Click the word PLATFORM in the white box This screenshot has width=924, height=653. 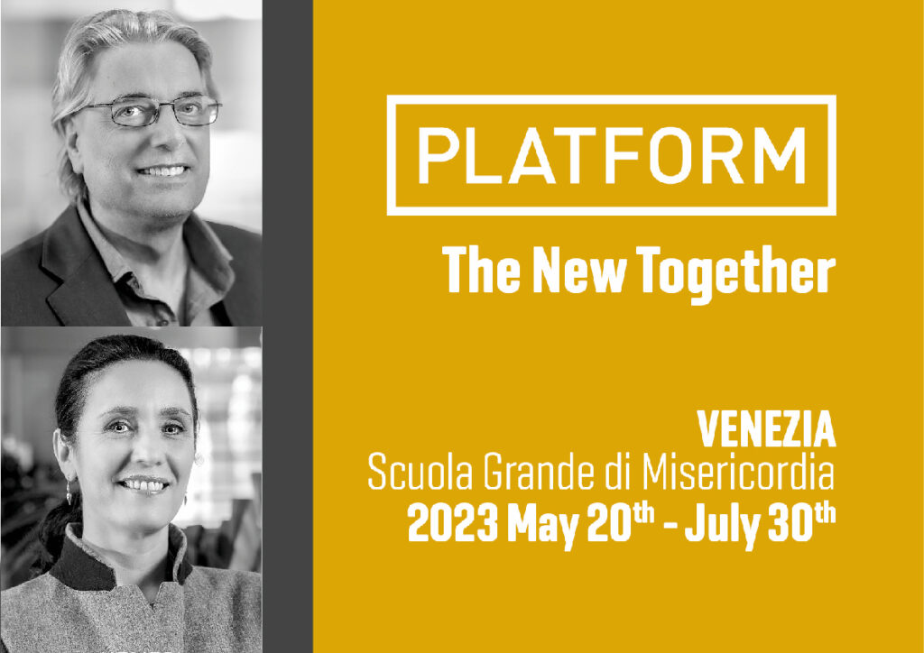(x=611, y=155)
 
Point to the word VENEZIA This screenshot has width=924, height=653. (x=766, y=429)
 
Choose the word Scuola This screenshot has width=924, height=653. (x=420, y=473)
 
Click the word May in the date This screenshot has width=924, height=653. (x=542, y=527)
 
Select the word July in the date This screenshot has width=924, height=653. (x=722, y=527)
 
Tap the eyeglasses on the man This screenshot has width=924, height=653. (x=154, y=111)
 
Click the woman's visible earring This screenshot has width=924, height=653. (x=69, y=491)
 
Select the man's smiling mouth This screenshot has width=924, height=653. (x=163, y=170)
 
